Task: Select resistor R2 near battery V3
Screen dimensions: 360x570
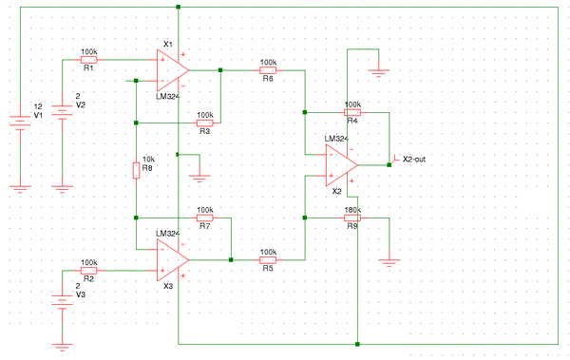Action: [88, 271]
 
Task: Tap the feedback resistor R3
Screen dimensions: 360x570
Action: [204, 123]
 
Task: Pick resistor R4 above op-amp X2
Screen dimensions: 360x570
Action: [352, 112]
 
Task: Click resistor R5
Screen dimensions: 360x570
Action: [268, 258]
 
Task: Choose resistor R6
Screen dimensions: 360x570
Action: [268, 69]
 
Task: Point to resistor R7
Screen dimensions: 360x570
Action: [204, 218]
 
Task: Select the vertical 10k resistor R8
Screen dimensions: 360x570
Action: [137, 170]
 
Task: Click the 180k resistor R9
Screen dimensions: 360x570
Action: [352, 218]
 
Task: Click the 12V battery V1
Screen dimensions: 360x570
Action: [21, 121]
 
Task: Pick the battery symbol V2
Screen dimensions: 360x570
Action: [63, 112]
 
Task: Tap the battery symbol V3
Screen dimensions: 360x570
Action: [63, 302]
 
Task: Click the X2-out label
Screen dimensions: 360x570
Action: [413, 159]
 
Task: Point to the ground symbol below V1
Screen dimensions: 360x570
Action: [21, 188]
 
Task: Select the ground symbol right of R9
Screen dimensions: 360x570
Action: [389, 258]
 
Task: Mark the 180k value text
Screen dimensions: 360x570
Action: [352, 209]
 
